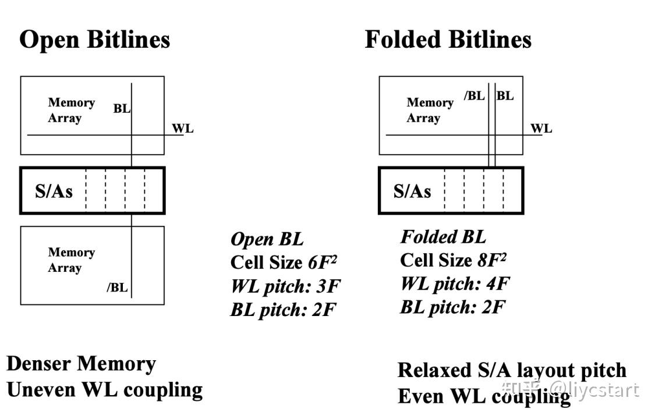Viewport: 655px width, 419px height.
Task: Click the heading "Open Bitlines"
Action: click(94, 40)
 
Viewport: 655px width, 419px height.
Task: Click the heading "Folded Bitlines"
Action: click(448, 40)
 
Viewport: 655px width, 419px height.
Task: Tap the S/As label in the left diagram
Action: click(54, 191)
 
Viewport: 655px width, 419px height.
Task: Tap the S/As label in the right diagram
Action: click(412, 191)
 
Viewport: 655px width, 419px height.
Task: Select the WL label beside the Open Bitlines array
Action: click(182, 129)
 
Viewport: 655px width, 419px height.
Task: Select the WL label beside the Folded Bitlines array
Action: click(541, 129)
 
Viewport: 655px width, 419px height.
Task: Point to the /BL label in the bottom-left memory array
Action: click(117, 287)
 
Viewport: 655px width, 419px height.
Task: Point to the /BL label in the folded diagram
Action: click(474, 96)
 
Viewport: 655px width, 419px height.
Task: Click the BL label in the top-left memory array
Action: click(122, 108)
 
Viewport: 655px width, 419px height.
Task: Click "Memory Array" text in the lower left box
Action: click(71, 260)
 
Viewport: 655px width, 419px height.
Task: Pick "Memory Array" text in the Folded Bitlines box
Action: click(430, 110)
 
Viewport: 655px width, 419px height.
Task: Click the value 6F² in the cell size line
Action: click(323, 262)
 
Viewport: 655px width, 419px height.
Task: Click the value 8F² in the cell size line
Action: click(492, 260)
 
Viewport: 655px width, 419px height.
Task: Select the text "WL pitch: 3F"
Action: click(285, 286)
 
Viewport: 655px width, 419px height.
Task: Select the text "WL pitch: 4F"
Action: click(455, 283)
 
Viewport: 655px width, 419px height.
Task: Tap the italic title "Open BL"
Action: click(267, 239)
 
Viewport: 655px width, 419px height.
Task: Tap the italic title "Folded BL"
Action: click(443, 237)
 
